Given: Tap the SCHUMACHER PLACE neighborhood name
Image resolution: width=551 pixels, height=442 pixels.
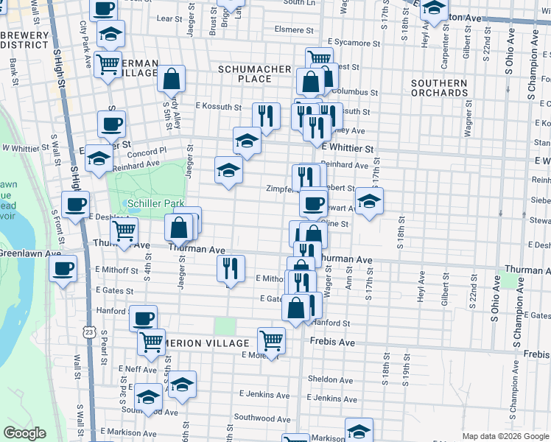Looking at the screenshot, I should (x=254, y=74).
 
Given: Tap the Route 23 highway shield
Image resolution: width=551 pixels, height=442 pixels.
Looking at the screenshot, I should (x=88, y=332).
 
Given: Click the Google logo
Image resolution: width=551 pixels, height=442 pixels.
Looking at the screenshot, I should (x=25, y=433).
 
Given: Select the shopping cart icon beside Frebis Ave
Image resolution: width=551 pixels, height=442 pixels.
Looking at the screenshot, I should (x=271, y=341).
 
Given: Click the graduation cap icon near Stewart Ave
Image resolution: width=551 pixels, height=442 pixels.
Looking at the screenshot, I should (x=368, y=201).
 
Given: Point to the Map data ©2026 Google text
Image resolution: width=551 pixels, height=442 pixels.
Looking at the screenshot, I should (x=505, y=436).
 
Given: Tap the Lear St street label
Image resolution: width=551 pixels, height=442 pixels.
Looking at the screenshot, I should (x=169, y=18).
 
